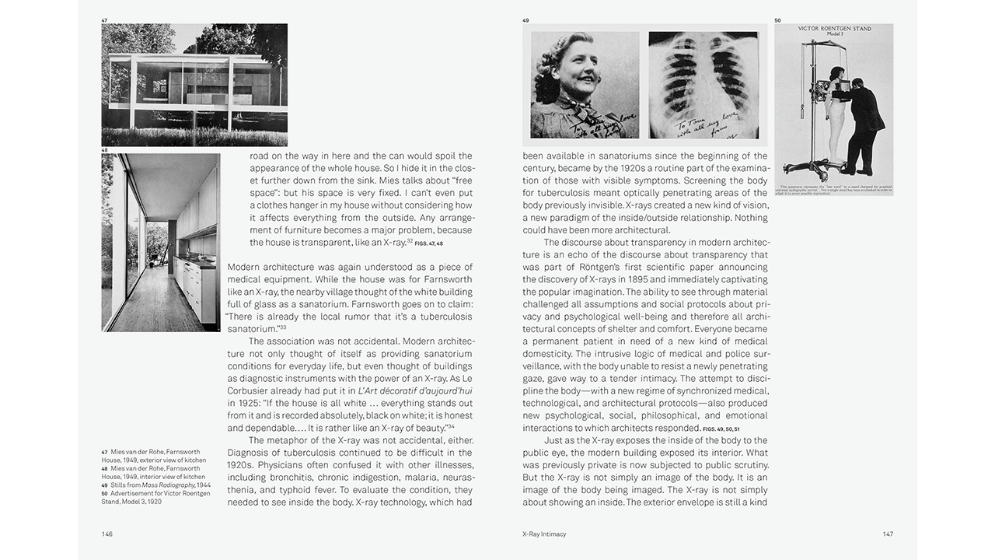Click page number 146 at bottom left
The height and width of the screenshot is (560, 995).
107,534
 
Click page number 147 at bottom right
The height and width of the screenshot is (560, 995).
887,534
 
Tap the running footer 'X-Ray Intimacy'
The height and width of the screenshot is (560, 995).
544,534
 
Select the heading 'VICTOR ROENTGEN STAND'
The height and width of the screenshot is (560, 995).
834,30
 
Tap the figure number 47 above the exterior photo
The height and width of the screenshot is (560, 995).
104,19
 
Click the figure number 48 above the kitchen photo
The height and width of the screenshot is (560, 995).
104,150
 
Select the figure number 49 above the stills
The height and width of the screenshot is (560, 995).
525,19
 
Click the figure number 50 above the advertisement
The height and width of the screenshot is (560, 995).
777,19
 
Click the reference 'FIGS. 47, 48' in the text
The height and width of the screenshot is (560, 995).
428,243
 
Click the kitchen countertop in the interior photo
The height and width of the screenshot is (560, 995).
195,264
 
